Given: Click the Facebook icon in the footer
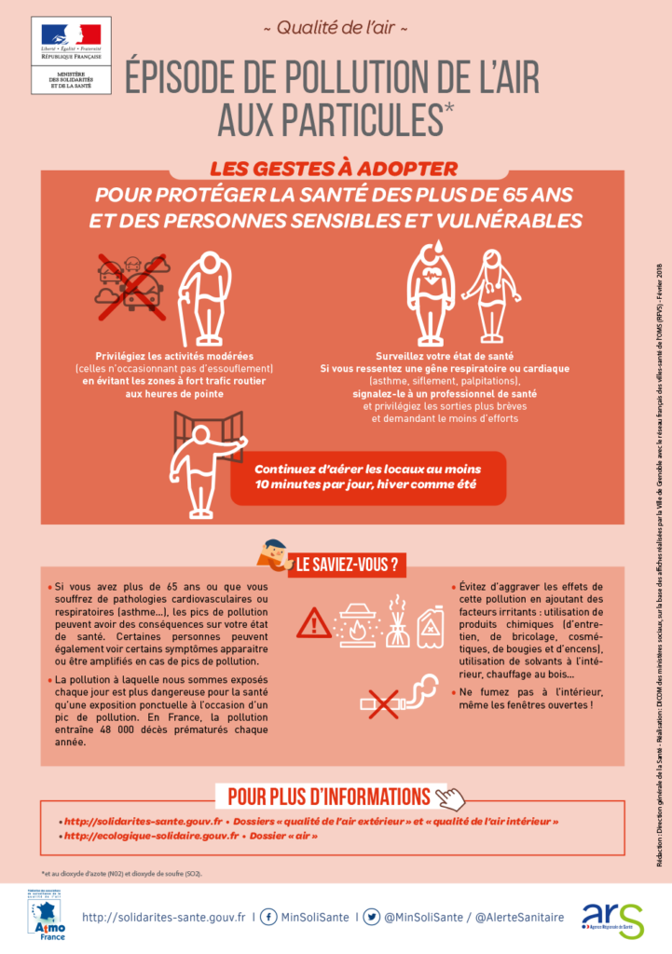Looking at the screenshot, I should [267, 917].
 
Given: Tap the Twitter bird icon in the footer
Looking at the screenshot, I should [371, 917].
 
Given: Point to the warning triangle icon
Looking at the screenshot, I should [313, 622].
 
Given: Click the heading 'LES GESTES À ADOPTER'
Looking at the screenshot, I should [333, 170].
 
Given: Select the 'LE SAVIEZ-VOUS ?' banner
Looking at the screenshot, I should [348, 565].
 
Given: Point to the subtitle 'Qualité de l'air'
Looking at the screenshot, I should [336, 28].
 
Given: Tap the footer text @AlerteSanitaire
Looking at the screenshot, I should [519, 918].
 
